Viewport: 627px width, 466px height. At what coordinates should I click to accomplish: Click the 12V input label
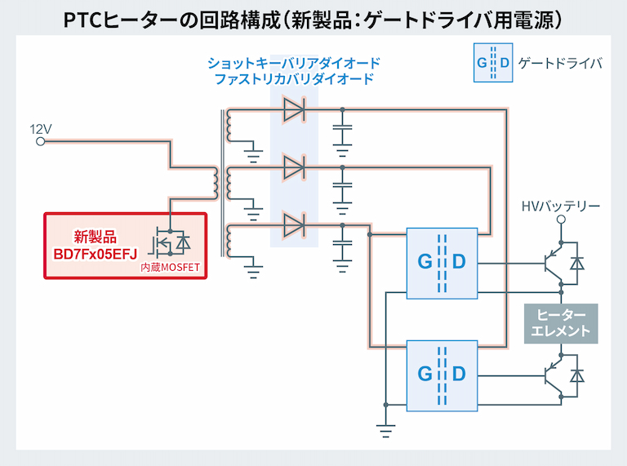41,129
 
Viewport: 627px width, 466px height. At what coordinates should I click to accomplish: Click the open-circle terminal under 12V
41,142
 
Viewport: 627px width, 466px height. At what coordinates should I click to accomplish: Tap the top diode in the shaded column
294,110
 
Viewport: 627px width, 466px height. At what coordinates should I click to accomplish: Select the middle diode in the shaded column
294,168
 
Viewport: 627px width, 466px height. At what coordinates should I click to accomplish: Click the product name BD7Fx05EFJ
95,253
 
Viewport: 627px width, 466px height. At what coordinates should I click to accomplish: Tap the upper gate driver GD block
442,263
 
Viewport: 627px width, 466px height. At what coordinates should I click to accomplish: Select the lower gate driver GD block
442,374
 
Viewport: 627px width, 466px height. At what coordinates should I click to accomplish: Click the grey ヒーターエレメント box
561,323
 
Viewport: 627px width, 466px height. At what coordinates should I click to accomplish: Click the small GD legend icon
493,63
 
